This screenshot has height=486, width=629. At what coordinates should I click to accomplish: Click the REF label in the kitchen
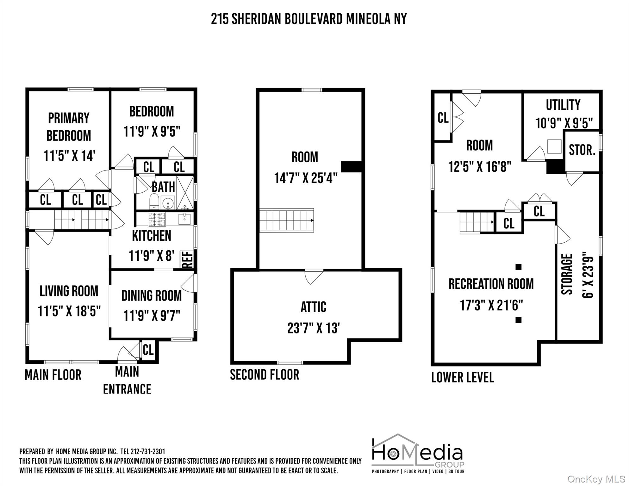(x=187, y=259)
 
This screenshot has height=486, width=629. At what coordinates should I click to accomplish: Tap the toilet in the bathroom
(x=154, y=201)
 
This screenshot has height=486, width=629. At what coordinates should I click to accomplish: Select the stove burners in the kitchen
(x=157, y=219)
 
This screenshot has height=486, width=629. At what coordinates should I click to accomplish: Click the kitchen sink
(x=184, y=218)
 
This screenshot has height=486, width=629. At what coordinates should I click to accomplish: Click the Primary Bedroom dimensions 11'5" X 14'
(x=69, y=156)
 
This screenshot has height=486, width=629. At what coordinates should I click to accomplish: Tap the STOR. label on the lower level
(x=582, y=150)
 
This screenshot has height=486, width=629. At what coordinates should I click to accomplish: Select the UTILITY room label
(x=563, y=105)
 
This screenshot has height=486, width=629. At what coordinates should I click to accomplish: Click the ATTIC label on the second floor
(x=313, y=307)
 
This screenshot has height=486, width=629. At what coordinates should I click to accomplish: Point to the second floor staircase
(x=287, y=220)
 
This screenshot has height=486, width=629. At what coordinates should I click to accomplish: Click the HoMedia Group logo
(x=418, y=454)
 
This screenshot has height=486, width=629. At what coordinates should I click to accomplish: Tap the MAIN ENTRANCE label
(x=127, y=380)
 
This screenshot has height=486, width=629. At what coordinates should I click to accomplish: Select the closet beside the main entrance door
(x=148, y=350)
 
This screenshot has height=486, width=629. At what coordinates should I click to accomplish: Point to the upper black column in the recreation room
(x=518, y=267)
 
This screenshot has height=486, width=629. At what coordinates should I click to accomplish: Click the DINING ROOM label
(x=152, y=296)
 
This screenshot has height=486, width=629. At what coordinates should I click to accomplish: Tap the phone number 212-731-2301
(x=147, y=451)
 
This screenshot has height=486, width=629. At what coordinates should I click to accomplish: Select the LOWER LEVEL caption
(x=462, y=377)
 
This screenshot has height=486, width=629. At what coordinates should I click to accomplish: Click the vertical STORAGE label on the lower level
(x=567, y=274)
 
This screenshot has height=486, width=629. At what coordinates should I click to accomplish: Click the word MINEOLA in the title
(x=368, y=19)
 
